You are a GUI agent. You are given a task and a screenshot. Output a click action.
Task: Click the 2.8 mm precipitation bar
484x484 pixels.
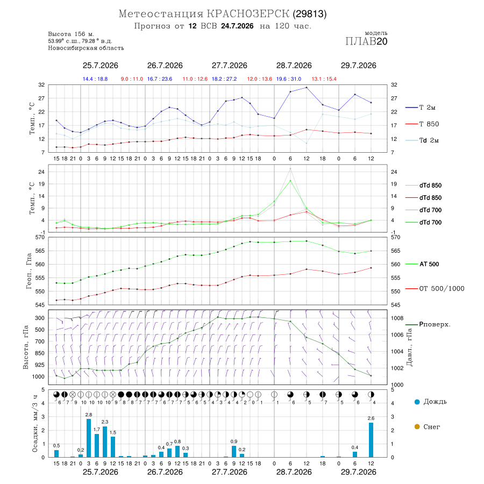89,438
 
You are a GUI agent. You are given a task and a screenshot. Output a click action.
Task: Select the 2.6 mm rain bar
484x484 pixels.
371,440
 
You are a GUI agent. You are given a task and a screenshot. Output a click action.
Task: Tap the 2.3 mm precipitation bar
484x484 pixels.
105,442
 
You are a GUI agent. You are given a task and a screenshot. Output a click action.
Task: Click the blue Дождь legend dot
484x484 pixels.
417,402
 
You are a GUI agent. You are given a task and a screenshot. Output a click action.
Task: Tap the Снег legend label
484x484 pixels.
432,427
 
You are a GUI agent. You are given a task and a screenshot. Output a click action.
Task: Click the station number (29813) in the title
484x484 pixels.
310,14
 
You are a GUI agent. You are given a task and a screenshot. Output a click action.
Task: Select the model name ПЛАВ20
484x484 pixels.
366,41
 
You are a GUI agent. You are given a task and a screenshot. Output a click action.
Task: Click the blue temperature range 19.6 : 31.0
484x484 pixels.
289,79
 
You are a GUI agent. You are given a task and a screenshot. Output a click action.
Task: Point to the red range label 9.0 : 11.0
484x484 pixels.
132,79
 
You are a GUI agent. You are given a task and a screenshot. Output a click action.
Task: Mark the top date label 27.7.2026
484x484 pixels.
229,66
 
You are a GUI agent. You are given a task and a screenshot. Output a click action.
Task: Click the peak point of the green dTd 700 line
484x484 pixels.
290,181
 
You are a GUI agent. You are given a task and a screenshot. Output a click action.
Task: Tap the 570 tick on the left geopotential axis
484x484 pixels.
40,237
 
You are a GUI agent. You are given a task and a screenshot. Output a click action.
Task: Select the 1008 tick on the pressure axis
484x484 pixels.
397,318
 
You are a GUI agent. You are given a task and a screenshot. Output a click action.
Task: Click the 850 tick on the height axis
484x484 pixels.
39,353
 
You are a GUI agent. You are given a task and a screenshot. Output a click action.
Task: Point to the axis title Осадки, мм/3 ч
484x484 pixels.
34,424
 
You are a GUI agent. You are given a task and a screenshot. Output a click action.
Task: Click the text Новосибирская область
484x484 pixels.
86,48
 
